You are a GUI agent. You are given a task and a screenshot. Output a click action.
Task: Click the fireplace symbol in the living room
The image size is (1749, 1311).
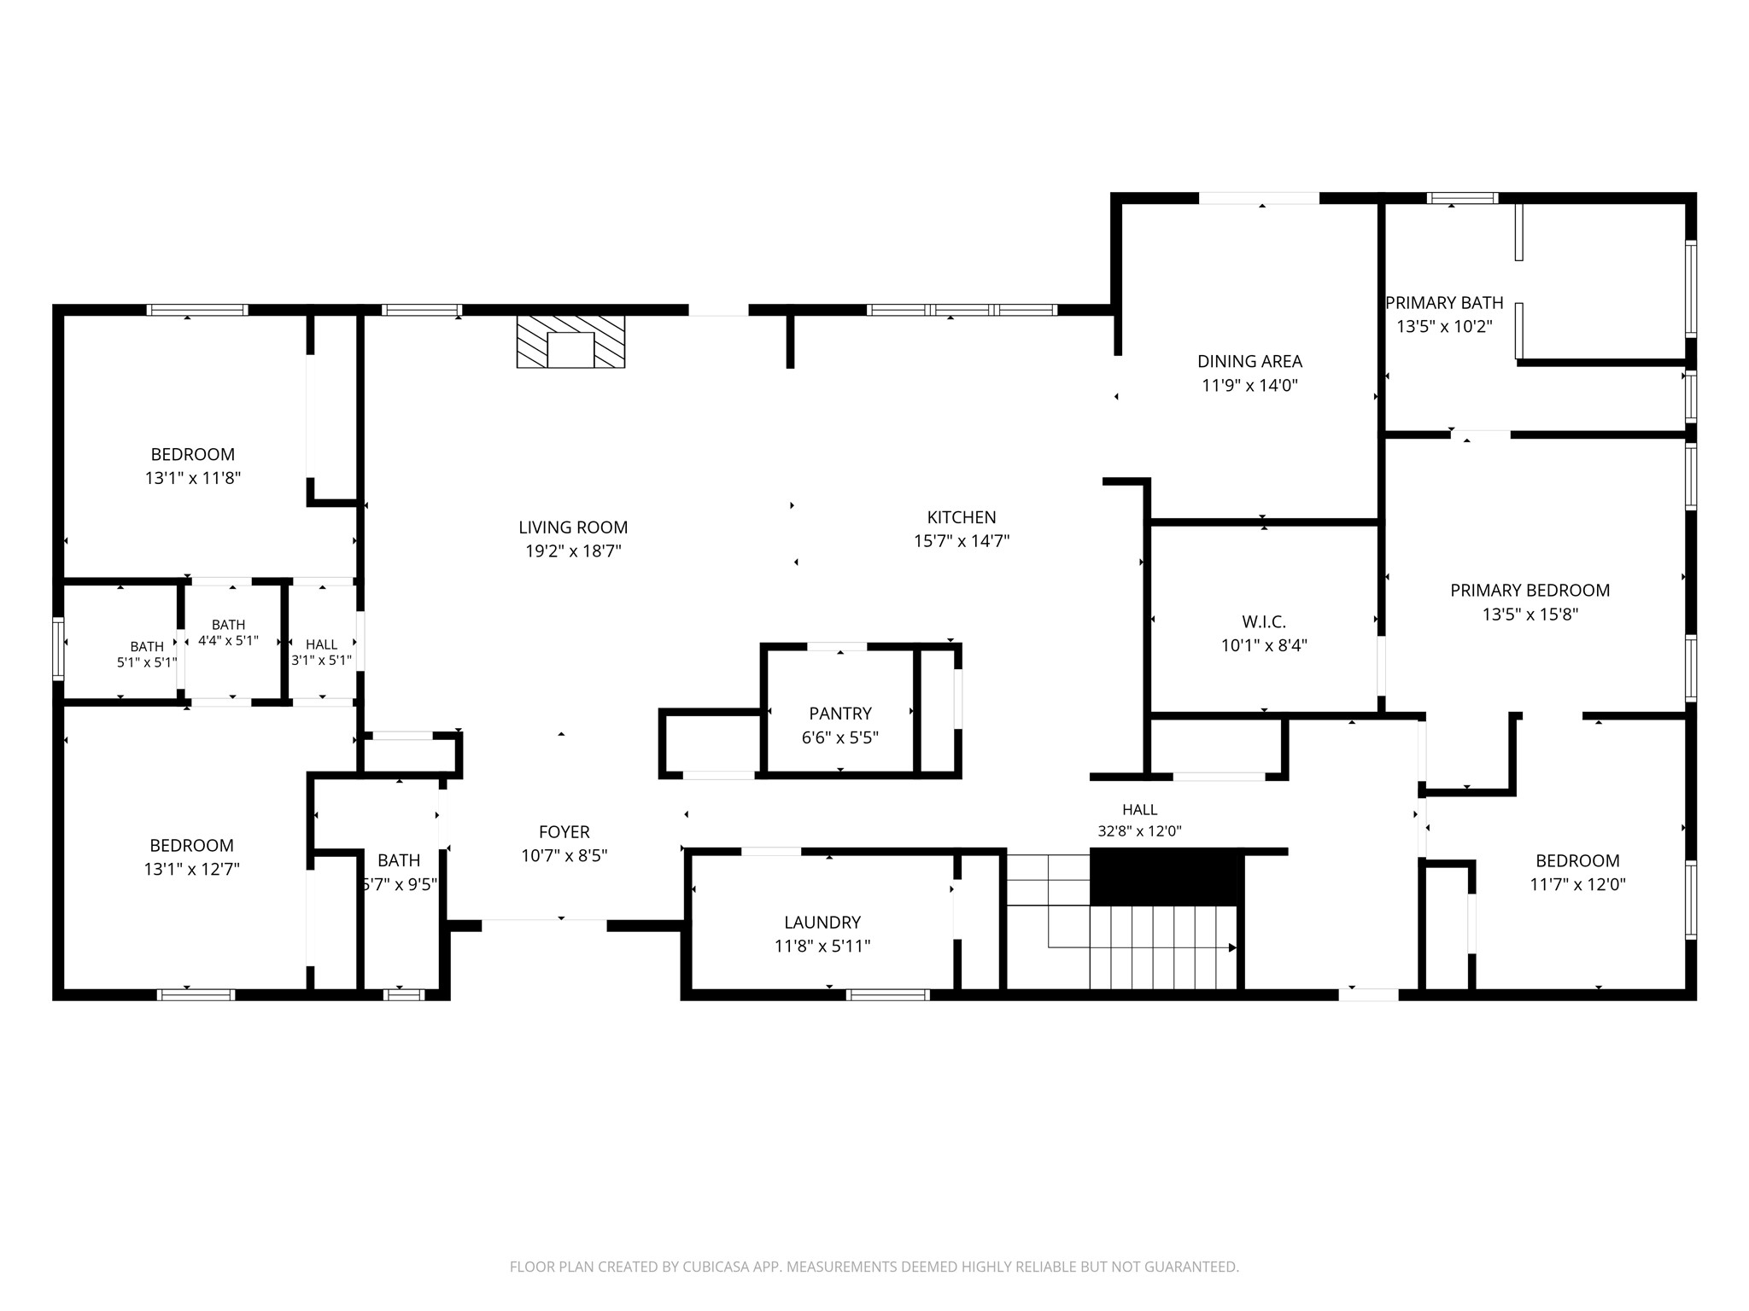[x=570, y=341]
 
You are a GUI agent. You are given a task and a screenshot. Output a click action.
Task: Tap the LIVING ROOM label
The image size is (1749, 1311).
[x=573, y=527]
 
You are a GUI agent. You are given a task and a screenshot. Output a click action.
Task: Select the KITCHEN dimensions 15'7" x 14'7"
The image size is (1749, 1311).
[x=962, y=540]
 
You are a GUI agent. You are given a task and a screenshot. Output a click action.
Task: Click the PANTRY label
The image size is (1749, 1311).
[x=840, y=714]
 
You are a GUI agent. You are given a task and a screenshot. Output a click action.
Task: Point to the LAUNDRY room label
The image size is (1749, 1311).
[x=822, y=922]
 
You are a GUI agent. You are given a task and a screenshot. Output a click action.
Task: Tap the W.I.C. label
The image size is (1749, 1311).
[x=1264, y=622]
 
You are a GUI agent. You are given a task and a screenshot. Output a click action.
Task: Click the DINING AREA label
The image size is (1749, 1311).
[x=1249, y=361]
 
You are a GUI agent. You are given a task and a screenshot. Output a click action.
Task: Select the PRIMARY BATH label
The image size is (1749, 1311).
[x=1444, y=302]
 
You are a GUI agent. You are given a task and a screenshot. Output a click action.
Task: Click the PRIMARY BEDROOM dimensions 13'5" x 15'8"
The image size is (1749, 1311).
[x=1530, y=614]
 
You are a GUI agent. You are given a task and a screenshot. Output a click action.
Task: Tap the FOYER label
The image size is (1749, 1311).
[x=564, y=831]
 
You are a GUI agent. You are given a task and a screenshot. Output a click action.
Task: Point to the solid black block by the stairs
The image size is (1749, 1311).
[x=1164, y=877]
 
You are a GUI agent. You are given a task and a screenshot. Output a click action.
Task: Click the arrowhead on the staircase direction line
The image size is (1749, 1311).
[x=1232, y=947]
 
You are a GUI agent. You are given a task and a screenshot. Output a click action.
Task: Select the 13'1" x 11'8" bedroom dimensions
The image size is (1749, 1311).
[x=193, y=478]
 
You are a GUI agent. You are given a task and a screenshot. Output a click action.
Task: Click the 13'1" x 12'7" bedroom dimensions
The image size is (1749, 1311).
[x=191, y=869]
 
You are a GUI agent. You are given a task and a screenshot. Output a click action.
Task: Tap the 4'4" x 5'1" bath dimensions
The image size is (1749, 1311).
[x=228, y=640]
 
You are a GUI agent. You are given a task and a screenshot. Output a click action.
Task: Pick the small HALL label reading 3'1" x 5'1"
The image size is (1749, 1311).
[x=321, y=652]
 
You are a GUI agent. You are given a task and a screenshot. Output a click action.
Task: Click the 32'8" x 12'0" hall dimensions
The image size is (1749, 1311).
[x=1139, y=830]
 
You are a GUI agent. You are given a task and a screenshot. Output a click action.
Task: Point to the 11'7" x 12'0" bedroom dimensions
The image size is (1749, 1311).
[x=1577, y=884]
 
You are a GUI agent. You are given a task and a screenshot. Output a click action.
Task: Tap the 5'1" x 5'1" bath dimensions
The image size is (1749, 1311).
[x=147, y=661]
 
